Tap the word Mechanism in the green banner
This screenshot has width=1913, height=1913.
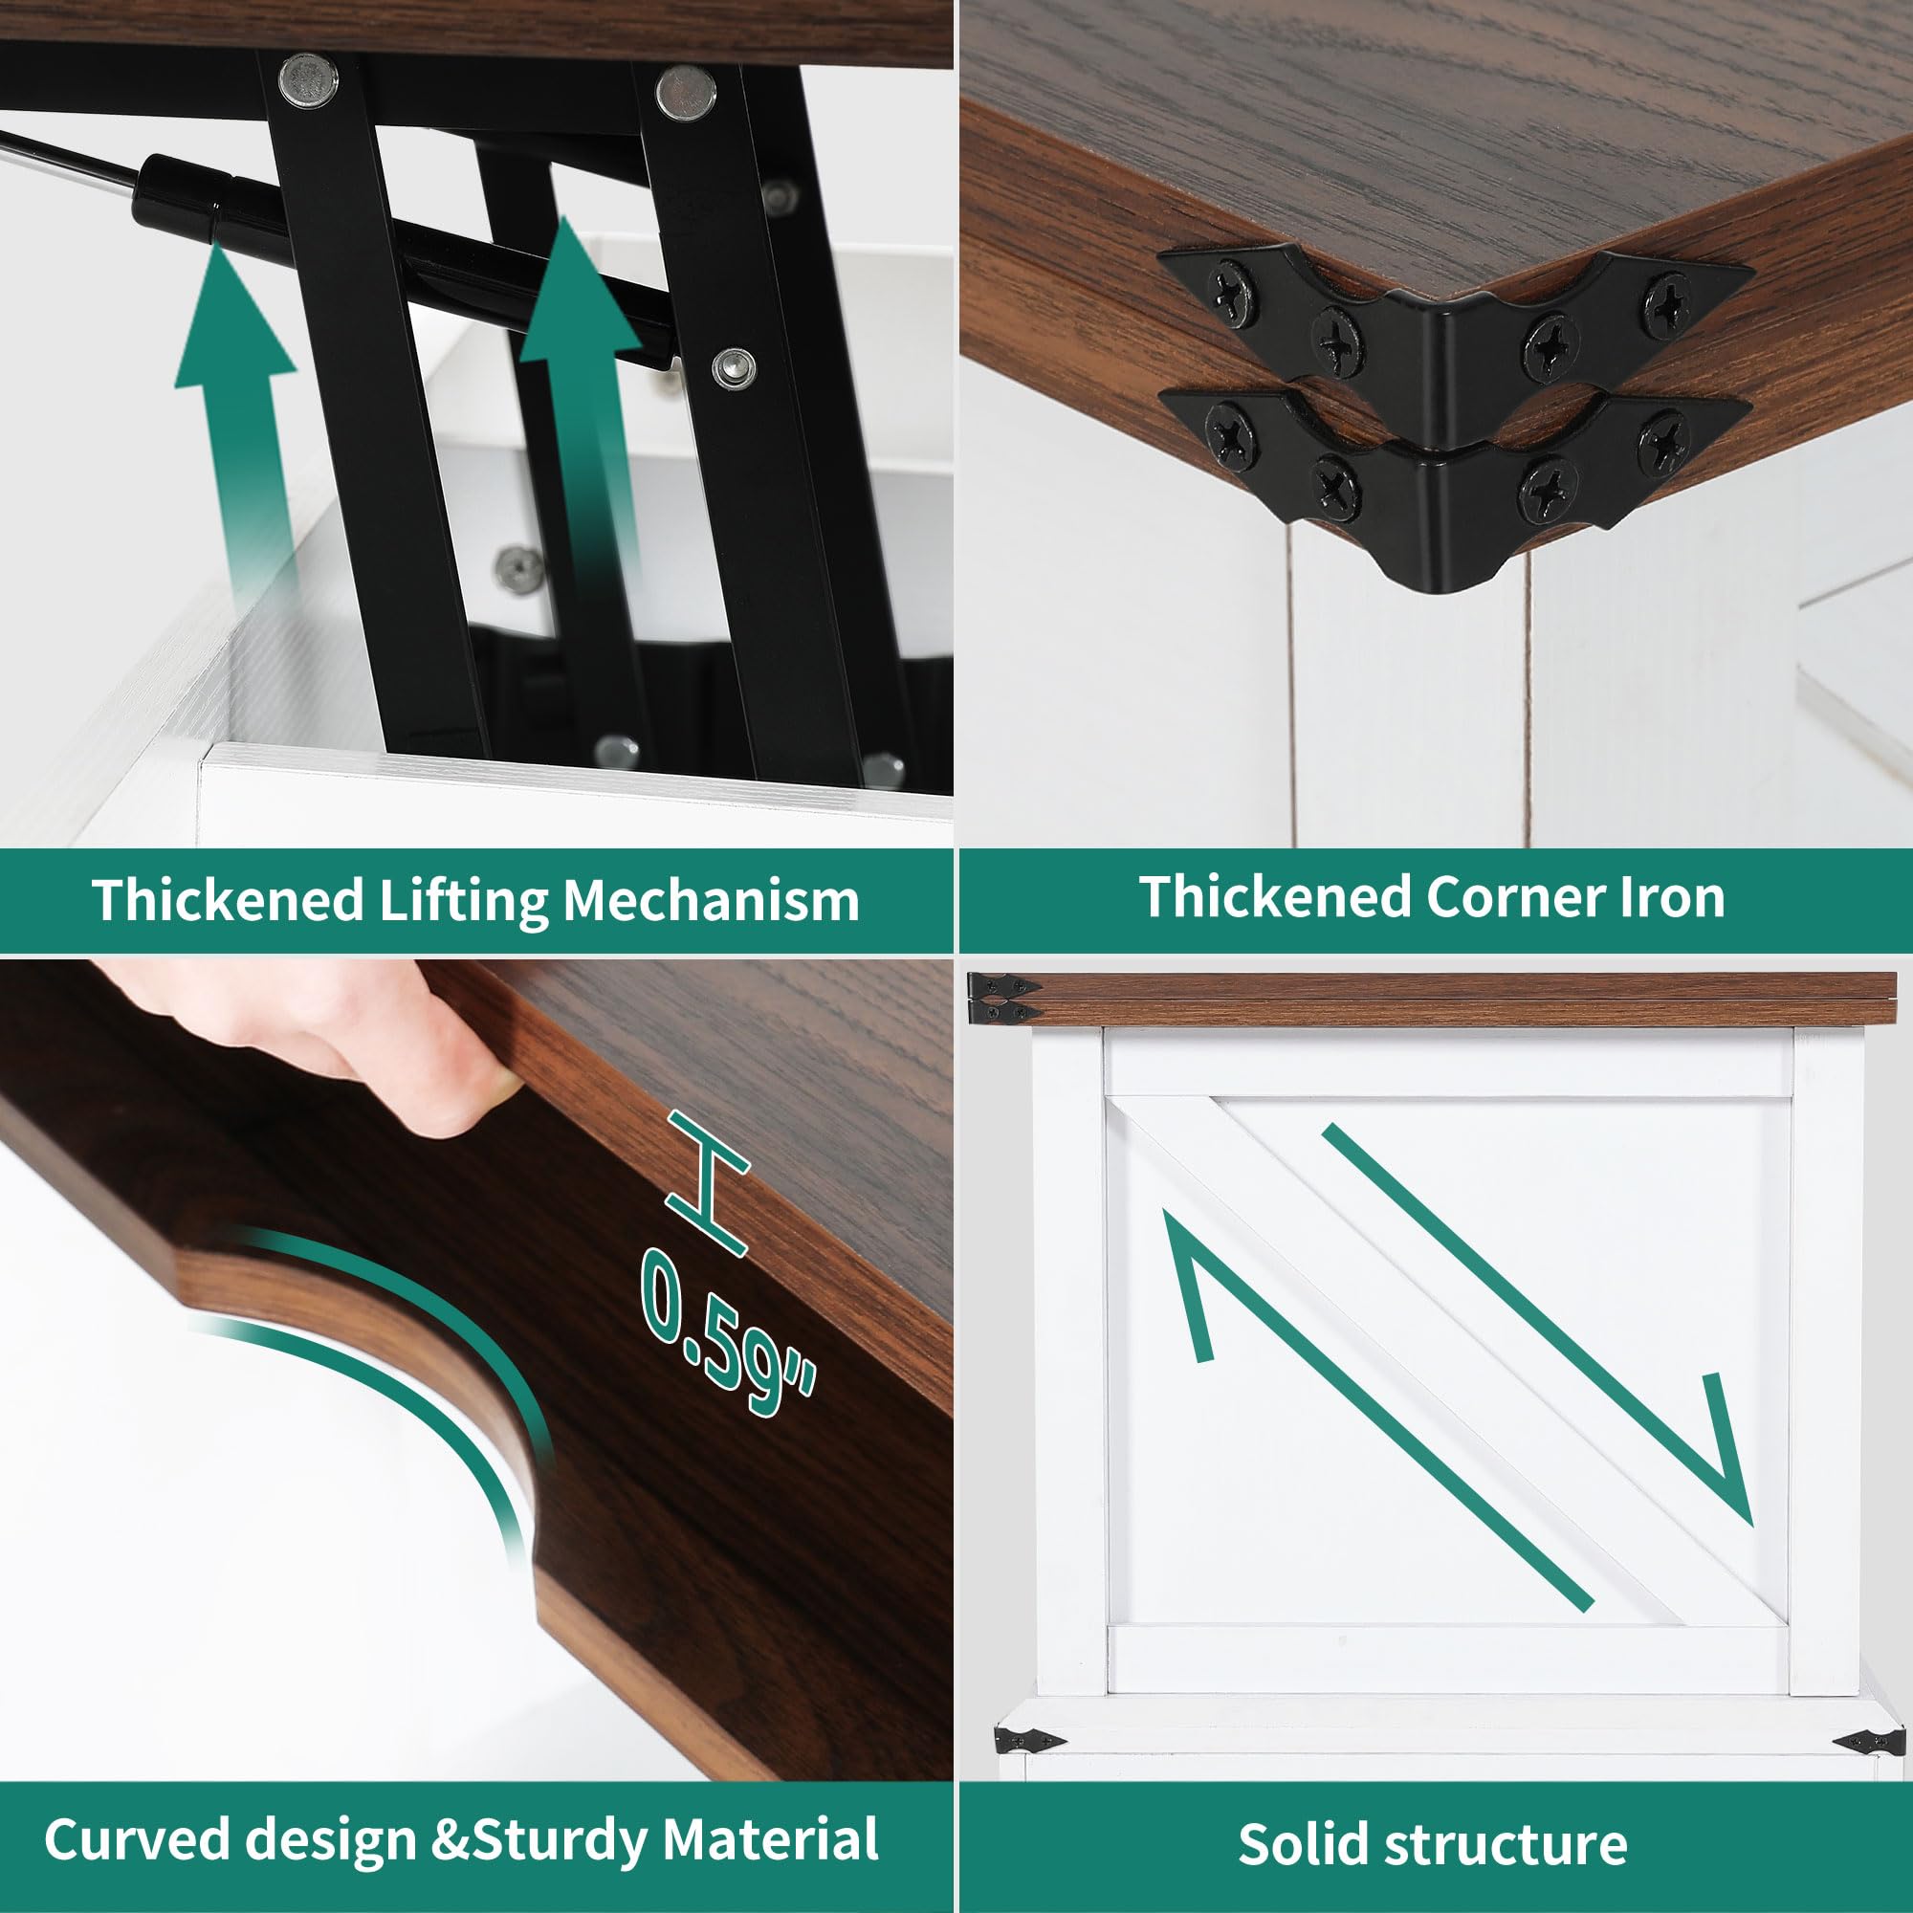point(710,901)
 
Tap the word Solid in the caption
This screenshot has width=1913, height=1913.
point(1305,1844)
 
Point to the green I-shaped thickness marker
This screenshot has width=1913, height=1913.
point(707,1182)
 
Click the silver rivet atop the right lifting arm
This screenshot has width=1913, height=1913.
point(686,93)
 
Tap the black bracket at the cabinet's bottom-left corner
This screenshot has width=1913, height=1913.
point(1030,1740)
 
